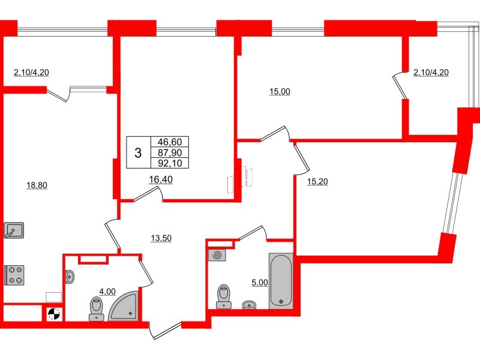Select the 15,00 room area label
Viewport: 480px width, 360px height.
coord(279,92)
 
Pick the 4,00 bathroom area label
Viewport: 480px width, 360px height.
coord(107,292)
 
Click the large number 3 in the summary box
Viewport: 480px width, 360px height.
coord(138,153)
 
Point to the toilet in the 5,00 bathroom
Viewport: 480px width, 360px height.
coord(224,296)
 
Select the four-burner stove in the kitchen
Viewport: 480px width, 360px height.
coord(14,275)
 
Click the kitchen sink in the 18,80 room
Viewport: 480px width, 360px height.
coord(13,230)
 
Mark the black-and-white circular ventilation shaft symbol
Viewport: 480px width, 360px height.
coord(53,314)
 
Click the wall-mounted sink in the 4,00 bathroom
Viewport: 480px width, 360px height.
coord(70,277)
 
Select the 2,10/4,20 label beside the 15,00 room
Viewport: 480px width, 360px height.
coord(431,73)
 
